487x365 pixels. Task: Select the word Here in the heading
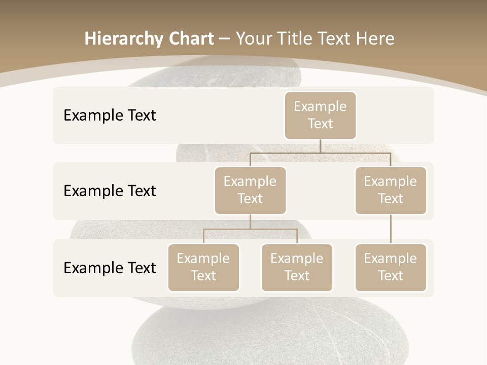pyautogui.click(x=375, y=39)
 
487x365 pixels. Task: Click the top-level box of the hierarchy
pyautogui.click(x=320, y=115)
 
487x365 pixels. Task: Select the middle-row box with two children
pyautogui.click(x=250, y=190)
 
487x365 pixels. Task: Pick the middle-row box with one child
pyautogui.click(x=391, y=190)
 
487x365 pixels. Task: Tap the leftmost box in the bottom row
pyautogui.click(x=203, y=267)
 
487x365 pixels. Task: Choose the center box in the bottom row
pyautogui.click(x=297, y=267)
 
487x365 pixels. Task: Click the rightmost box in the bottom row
pyautogui.click(x=391, y=267)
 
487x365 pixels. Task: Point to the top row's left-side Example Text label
pyautogui.click(x=110, y=115)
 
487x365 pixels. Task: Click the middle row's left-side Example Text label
pyautogui.click(x=110, y=191)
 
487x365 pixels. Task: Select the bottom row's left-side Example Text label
pyautogui.click(x=110, y=268)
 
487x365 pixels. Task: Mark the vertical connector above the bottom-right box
pyautogui.click(x=391, y=229)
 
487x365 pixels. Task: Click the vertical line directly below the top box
pyautogui.click(x=320, y=146)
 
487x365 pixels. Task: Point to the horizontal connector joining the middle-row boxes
pyautogui.click(x=320, y=153)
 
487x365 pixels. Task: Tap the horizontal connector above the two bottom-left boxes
pyautogui.click(x=250, y=229)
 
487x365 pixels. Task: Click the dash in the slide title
pyautogui.click(x=225, y=40)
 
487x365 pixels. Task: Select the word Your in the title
pyautogui.click(x=252, y=39)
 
